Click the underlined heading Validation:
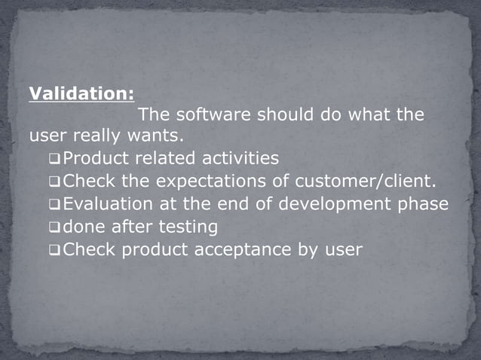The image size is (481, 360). click(x=82, y=94)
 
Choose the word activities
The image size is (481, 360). click(x=240, y=159)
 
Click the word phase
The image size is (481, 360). click(x=422, y=204)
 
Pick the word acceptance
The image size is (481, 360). click(x=237, y=249)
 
